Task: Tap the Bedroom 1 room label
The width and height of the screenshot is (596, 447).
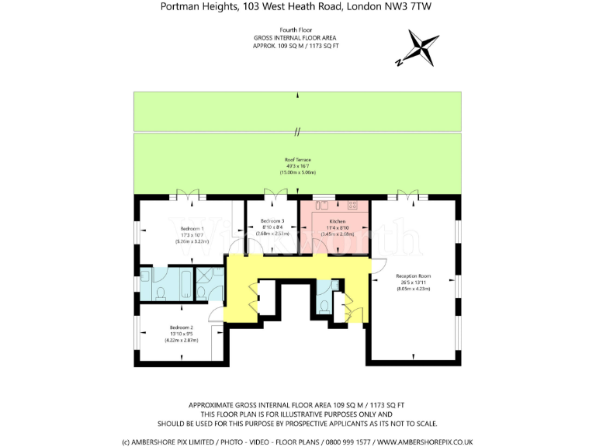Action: (x=192, y=229)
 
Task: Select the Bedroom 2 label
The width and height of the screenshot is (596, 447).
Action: (x=180, y=327)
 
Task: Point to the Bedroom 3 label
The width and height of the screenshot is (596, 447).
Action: (x=272, y=221)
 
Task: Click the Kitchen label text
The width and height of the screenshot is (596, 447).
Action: (x=337, y=221)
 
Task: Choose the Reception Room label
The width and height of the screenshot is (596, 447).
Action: (x=413, y=276)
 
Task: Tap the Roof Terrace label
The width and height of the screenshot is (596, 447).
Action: (x=297, y=159)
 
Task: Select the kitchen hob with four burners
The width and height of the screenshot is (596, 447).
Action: (x=353, y=205)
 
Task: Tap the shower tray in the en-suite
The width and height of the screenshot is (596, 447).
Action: (x=209, y=276)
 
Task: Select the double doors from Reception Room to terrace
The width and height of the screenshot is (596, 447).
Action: (x=409, y=194)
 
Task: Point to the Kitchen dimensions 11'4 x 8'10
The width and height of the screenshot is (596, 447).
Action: (x=337, y=227)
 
